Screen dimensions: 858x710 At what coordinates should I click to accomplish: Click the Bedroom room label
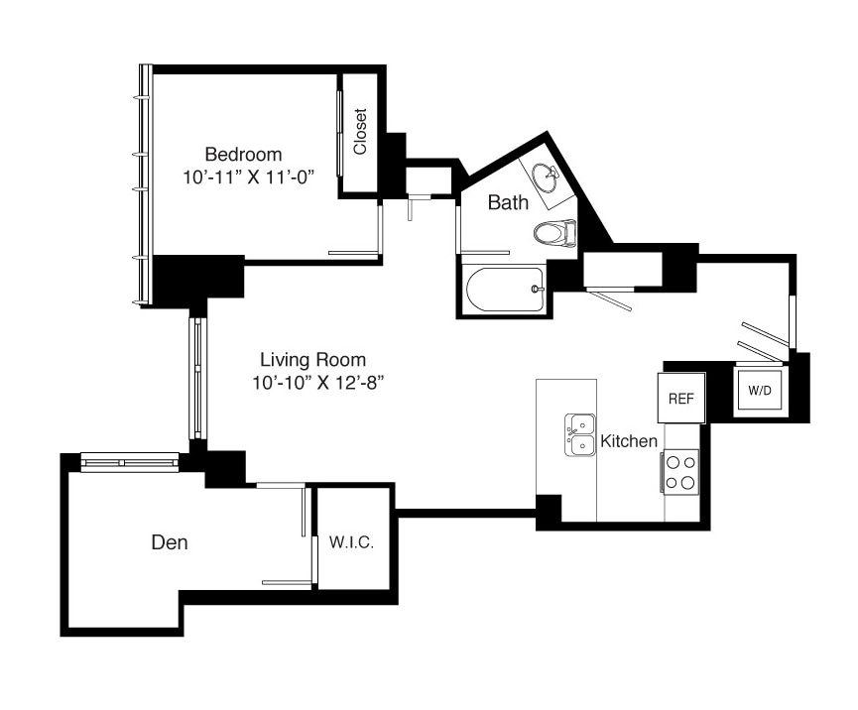click(243, 155)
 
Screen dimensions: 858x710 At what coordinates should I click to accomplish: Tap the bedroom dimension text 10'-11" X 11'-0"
click(249, 177)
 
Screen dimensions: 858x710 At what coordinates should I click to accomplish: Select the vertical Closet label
click(360, 131)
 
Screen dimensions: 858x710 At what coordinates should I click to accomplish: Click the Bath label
click(508, 202)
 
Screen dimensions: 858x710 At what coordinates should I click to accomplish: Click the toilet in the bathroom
click(554, 234)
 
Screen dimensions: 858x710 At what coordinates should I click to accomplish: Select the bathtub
click(505, 290)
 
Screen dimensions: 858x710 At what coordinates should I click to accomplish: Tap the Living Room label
click(313, 359)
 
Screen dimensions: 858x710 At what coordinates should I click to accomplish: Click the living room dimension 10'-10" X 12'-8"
click(317, 383)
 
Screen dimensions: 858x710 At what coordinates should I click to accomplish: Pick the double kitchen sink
click(580, 435)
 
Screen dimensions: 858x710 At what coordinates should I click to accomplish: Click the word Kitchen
click(629, 441)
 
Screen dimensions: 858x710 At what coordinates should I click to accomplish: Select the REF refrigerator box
click(681, 398)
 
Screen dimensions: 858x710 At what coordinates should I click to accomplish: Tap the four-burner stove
click(680, 472)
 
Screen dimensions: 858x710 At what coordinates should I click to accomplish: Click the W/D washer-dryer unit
click(760, 390)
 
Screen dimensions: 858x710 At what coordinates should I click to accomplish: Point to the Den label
click(170, 542)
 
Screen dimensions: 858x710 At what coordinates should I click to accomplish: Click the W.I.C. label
click(351, 542)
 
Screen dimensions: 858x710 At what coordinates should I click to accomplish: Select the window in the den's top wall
click(130, 462)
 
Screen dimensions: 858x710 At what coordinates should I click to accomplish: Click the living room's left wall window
click(198, 379)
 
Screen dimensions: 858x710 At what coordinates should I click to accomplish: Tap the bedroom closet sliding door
click(339, 134)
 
